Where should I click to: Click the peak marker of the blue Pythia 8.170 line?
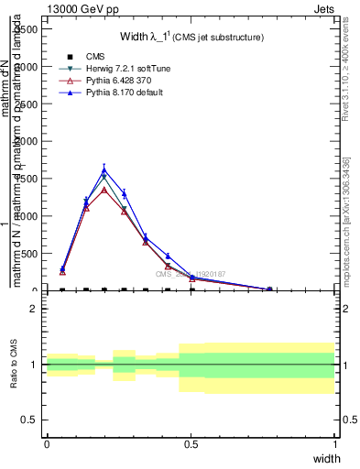click(x=104, y=169)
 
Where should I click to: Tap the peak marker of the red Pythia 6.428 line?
click(x=104, y=190)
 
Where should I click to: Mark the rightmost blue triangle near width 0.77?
click(x=269, y=289)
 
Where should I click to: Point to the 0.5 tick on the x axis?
click(x=191, y=444)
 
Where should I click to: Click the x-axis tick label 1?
click(x=336, y=444)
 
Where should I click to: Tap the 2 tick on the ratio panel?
click(x=34, y=309)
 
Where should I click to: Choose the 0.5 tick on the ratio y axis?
click(x=30, y=420)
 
